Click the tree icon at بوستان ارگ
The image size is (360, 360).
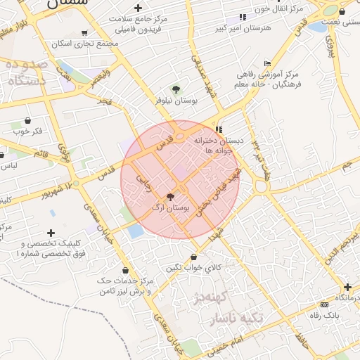170,197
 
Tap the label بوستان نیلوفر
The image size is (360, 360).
177,101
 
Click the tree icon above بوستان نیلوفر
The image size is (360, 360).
176,89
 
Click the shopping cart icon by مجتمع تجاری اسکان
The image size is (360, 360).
85,32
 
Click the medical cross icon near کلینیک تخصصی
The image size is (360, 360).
51,233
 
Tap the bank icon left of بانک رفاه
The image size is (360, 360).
324,304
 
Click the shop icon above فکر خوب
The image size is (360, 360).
27,120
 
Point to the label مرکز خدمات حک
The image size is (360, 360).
125,281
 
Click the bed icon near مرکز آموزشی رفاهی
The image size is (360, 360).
266,64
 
